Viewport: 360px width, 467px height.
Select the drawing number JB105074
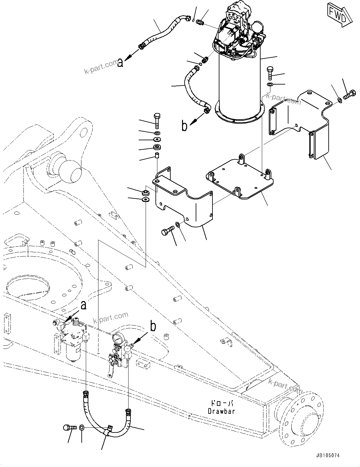[327, 455]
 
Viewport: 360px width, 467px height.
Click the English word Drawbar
[222, 411]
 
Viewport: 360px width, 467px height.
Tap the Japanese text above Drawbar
[222, 404]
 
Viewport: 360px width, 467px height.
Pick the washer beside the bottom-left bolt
[82, 428]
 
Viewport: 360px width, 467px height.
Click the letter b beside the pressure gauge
[153, 326]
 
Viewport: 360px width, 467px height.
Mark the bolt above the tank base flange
[269, 73]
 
